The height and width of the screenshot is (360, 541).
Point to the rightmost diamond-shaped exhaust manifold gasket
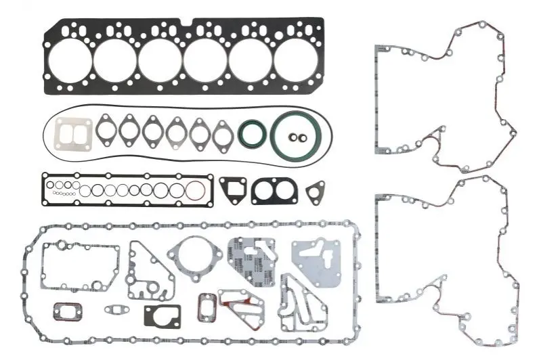coord(222,135)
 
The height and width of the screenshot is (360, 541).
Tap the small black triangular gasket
coord(314,192)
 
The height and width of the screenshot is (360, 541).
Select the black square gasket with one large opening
coord(232,190)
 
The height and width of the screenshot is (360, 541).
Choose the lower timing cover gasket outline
coord(377,250)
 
